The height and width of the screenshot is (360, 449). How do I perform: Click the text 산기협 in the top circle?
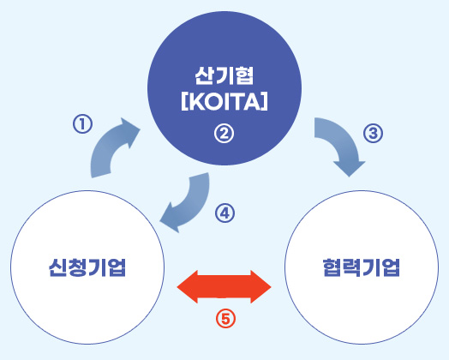pos(224,76)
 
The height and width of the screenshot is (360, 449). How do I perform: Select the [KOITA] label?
pos(224,102)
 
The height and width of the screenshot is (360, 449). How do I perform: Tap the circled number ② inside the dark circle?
pos(224,133)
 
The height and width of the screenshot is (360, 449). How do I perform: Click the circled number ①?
pos(82,124)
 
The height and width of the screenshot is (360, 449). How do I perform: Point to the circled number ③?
pos(373,133)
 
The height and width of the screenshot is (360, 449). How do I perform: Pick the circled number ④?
pos(224,213)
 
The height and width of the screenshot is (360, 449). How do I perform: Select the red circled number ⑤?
pos(225,319)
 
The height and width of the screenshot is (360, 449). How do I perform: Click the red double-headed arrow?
pos(224,286)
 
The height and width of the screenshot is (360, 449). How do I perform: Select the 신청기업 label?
pos(87,267)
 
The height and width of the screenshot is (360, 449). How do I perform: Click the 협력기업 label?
pos(362,267)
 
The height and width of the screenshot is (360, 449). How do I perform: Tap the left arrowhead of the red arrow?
pos(188,286)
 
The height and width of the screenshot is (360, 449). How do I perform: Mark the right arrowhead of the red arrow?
pos(260,286)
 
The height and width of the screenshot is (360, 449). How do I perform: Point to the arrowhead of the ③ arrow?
pos(350,168)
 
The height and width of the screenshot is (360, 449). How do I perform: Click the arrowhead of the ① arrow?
pos(130,131)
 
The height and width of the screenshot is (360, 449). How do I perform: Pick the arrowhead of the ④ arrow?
pos(171,219)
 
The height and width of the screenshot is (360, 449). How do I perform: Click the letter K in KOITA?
pos(195,102)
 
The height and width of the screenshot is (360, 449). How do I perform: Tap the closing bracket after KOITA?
pos(264,102)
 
